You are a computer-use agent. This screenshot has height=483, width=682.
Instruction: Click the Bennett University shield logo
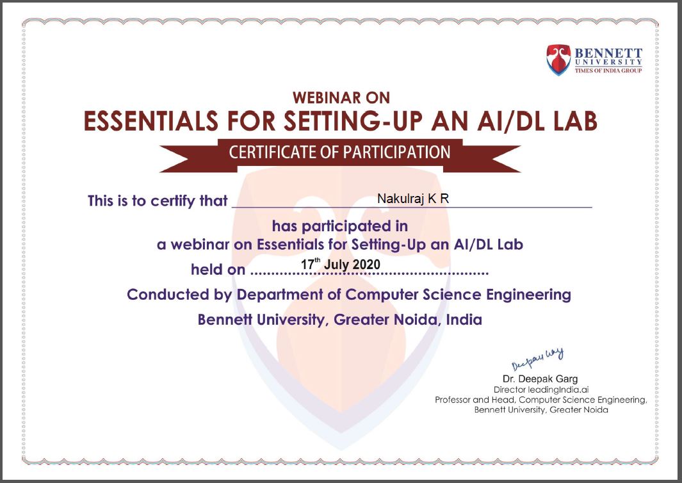click(558, 60)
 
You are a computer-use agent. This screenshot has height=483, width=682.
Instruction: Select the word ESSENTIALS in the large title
click(151, 121)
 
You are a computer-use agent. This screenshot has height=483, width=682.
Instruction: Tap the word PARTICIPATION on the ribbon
click(396, 152)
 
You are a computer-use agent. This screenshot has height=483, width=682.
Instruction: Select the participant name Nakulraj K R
click(413, 199)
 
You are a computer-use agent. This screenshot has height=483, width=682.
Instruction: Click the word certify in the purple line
click(173, 201)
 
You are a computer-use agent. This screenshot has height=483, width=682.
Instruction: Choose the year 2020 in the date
click(366, 264)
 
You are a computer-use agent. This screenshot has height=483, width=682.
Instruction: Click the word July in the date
click(336, 265)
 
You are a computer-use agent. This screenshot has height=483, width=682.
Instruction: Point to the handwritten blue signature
click(538, 359)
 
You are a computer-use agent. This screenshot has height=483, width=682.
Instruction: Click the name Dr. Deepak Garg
click(540, 379)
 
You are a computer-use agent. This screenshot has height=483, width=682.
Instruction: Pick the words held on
click(218, 270)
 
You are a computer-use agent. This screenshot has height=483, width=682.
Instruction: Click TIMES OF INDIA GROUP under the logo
click(608, 70)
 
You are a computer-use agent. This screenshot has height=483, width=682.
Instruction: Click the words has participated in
click(340, 226)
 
